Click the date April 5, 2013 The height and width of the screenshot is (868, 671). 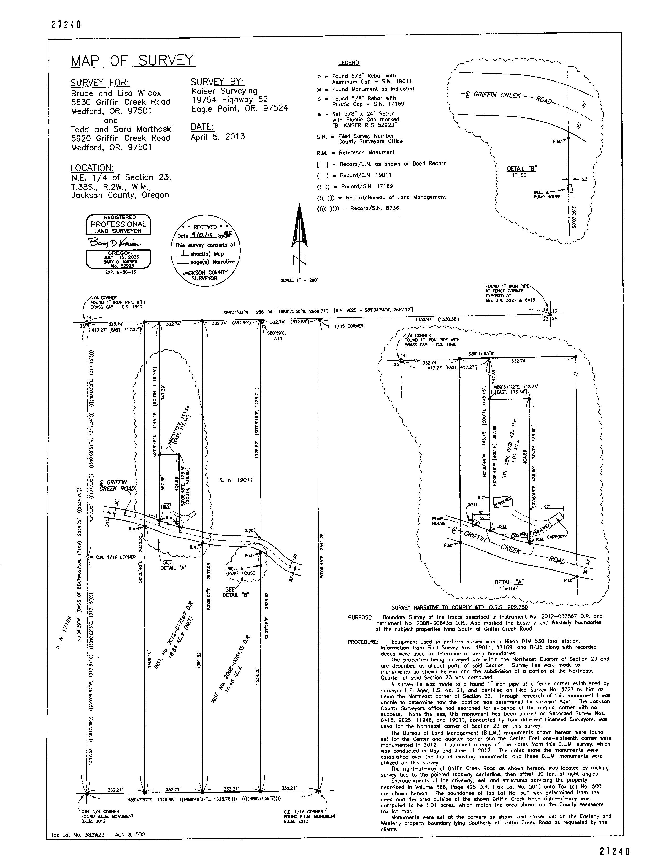(218, 137)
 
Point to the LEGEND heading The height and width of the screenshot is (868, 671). (349, 63)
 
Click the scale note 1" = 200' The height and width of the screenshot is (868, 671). (299, 280)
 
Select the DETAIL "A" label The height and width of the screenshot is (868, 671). (509, 582)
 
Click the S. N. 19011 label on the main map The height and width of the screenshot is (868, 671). (236, 480)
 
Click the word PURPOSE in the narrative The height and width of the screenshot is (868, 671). (360, 617)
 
